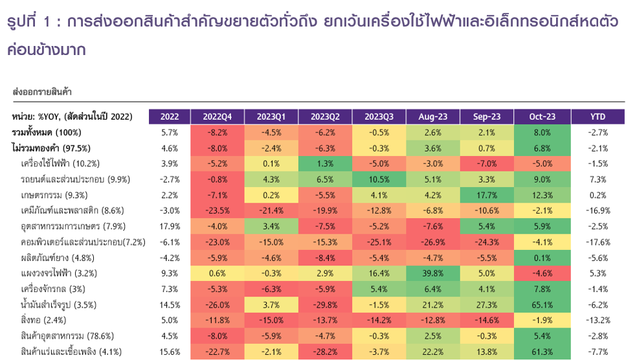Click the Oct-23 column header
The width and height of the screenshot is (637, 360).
(x=542, y=117)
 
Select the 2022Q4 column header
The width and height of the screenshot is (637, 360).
(x=218, y=117)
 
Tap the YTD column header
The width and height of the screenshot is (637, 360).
(x=598, y=117)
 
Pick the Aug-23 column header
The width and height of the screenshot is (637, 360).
(x=433, y=117)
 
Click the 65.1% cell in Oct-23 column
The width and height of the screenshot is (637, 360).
(x=542, y=305)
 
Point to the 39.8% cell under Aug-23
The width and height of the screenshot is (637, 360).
(x=433, y=273)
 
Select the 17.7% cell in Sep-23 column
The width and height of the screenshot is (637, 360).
(x=487, y=195)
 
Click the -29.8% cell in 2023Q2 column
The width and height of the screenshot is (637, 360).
(x=326, y=305)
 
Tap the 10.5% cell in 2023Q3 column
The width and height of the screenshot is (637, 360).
(x=379, y=179)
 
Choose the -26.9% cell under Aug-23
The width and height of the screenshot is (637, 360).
(x=433, y=242)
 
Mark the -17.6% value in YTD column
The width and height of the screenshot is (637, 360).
(x=598, y=242)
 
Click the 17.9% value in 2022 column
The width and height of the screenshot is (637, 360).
(x=169, y=227)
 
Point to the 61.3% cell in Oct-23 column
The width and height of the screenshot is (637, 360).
(x=542, y=352)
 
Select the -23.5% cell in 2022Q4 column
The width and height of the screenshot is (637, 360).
(x=218, y=210)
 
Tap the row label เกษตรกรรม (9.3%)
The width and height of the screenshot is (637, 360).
(x=54, y=195)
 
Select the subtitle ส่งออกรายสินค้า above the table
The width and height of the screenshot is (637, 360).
(x=42, y=93)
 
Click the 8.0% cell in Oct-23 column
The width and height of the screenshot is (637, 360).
(x=542, y=132)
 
